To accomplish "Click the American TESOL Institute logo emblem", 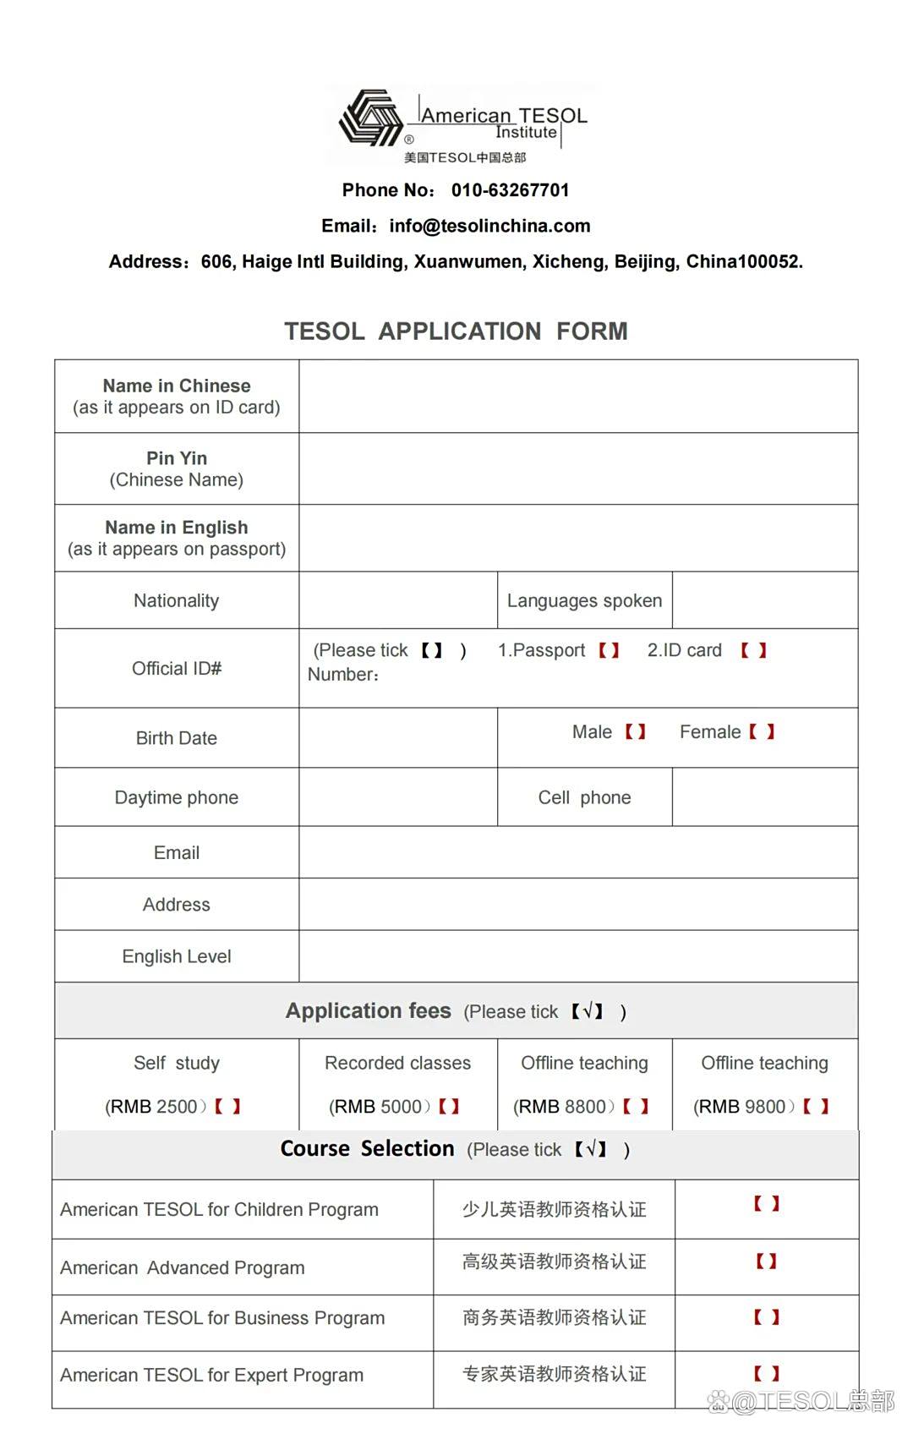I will click(x=370, y=118).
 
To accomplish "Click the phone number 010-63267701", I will click(x=510, y=190).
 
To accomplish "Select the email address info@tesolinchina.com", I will click(x=489, y=226).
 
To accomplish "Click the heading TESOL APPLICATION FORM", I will click(x=456, y=331).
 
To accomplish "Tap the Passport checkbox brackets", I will click(x=610, y=650).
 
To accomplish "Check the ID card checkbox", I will click(x=753, y=650).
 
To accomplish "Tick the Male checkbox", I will click(x=636, y=731).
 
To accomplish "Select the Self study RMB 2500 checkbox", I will click(x=227, y=1106).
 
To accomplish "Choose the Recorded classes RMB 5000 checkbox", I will click(x=449, y=1106).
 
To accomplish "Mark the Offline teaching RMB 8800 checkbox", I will click(x=636, y=1106).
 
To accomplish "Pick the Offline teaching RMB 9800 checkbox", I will click(x=816, y=1106).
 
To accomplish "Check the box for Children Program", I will click(x=767, y=1203).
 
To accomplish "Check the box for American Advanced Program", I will click(x=767, y=1262).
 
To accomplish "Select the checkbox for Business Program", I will click(x=767, y=1317).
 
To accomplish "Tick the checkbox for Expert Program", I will click(x=767, y=1374).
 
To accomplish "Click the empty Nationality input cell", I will click(x=398, y=600).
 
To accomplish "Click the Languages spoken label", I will click(x=584, y=600).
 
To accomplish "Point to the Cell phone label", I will click(x=584, y=797).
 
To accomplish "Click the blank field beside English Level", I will click(x=578, y=956).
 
